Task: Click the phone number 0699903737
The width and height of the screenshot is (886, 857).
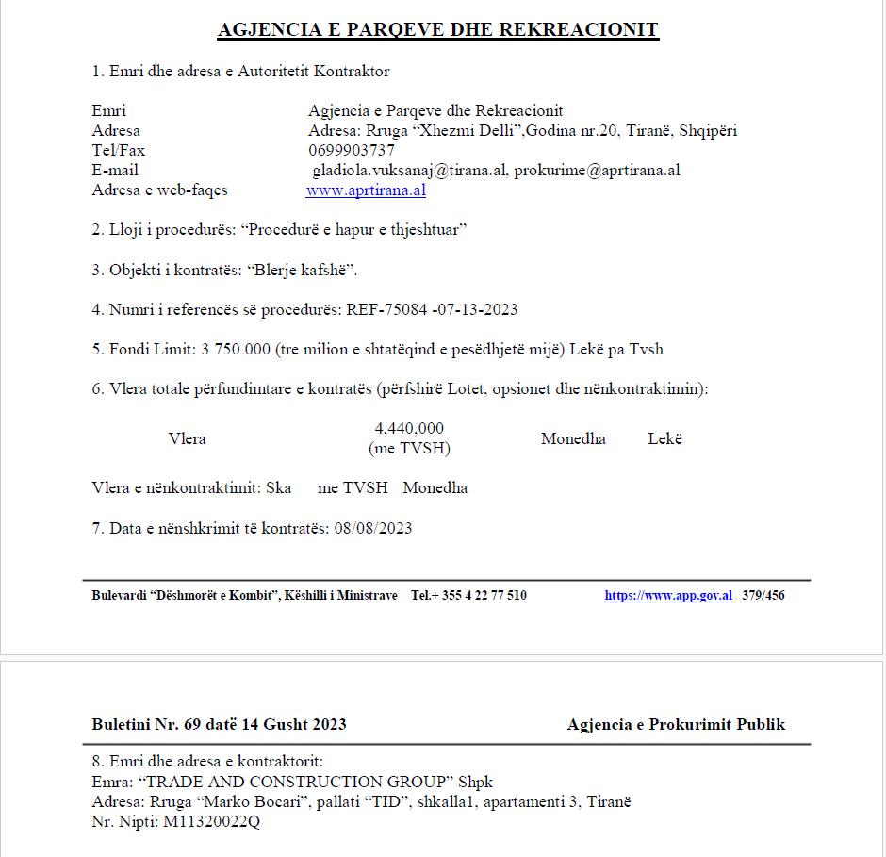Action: pos(351,150)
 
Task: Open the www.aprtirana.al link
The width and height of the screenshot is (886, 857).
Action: pos(366,190)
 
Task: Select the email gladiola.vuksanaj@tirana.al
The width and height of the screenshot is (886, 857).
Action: pos(410,170)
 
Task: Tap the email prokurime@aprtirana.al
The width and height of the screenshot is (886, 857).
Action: pos(598,170)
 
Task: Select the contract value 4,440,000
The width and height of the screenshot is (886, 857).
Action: pos(409,428)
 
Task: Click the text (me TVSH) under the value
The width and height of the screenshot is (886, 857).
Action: pos(409,448)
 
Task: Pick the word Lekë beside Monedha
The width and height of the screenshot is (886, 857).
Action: pos(664,438)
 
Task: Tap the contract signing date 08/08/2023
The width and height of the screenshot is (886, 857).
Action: pos(373,528)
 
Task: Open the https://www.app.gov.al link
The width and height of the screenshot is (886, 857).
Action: pos(668,595)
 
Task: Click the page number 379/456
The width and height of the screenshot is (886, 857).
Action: pos(763,595)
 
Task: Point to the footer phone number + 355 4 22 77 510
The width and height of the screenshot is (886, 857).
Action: pos(480,595)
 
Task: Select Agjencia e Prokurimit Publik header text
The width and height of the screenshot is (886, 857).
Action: pos(676,724)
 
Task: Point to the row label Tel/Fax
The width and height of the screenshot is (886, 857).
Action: pos(119,150)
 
